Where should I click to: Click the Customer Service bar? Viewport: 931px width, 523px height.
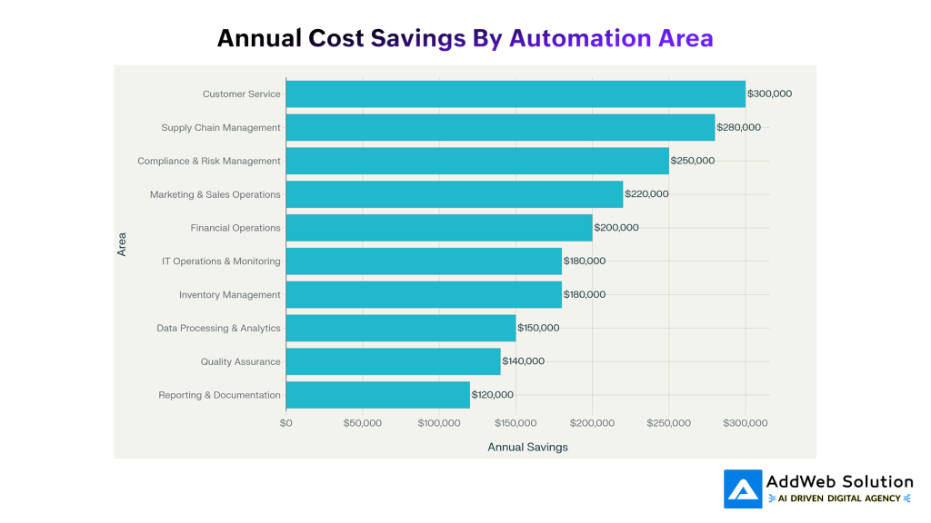pyautogui.click(x=516, y=94)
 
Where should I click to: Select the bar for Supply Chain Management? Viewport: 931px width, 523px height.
pyautogui.click(x=500, y=128)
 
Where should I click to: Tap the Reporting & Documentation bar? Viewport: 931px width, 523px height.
pyautogui.click(x=377, y=395)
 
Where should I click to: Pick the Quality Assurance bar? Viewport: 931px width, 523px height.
pyautogui.click(x=393, y=361)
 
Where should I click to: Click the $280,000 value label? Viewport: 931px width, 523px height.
pyautogui.click(x=738, y=128)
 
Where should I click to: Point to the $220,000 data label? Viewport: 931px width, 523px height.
pyautogui.click(x=646, y=194)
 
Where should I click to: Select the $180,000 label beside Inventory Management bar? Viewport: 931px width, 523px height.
pyautogui.click(x=584, y=295)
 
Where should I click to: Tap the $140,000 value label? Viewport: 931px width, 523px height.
pyautogui.click(x=524, y=361)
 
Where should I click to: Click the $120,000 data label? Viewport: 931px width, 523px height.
pyautogui.click(x=492, y=395)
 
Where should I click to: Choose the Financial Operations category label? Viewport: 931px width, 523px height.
pyautogui.click(x=235, y=228)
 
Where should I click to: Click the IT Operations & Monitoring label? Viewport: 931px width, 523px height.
pyautogui.click(x=221, y=261)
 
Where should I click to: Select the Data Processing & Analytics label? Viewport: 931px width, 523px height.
pyautogui.click(x=218, y=329)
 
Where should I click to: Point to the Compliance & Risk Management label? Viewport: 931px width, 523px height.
pyautogui.click(x=209, y=162)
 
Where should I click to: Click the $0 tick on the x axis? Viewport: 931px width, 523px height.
pyautogui.click(x=286, y=423)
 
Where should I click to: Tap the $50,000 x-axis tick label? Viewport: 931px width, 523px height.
pyautogui.click(x=362, y=423)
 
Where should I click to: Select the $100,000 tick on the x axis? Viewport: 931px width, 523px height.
pyautogui.click(x=439, y=423)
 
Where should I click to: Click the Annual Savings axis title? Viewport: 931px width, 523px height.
pyautogui.click(x=527, y=447)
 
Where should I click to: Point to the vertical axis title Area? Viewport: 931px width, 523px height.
pyautogui.click(x=122, y=244)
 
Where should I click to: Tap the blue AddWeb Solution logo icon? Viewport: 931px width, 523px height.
pyautogui.click(x=743, y=488)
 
